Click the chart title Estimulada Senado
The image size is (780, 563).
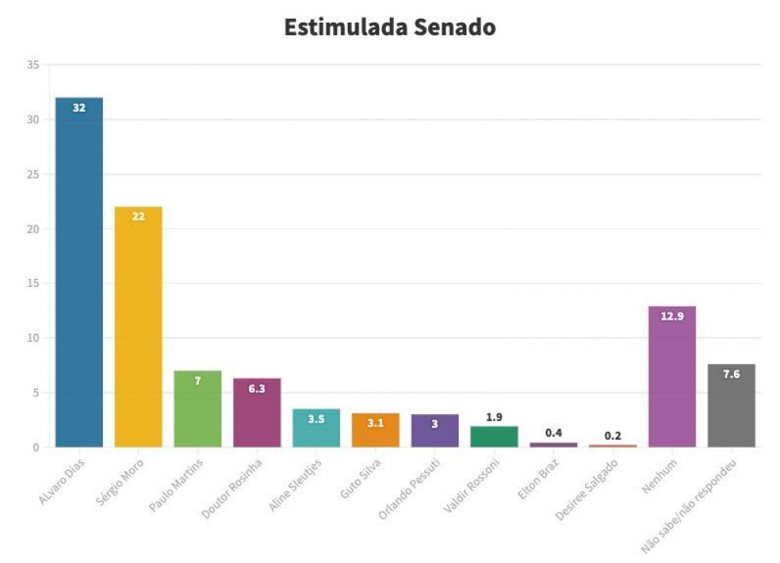[389, 27]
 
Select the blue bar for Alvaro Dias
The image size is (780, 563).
[79, 273]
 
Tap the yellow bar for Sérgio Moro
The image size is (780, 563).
[138, 328]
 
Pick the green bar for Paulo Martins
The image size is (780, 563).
[197, 410]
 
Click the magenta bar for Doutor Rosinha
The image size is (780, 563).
[257, 414]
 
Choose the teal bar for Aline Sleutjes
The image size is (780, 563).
[316, 428]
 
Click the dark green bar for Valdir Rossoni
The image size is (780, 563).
[494, 437]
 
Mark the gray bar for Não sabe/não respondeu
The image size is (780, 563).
[731, 406]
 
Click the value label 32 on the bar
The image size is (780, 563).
[79, 108]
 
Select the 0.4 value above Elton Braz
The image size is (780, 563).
[553, 433]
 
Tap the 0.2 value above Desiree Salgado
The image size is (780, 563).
[612, 435]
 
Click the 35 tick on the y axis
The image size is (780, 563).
[33, 65]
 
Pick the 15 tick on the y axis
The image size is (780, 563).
[33, 284]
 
